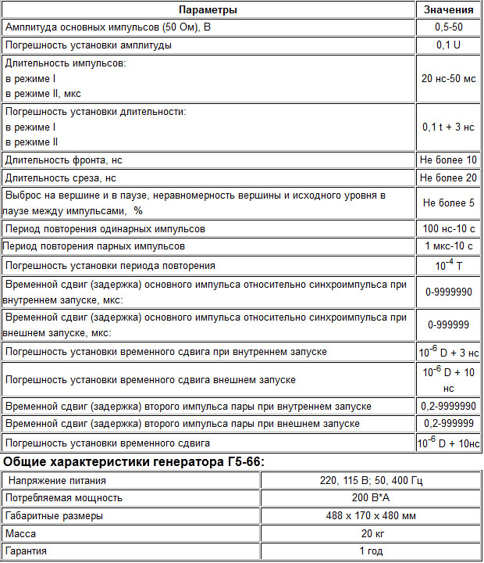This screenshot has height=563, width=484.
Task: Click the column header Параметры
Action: pos(208,10)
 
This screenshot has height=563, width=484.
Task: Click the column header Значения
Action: pos(448,10)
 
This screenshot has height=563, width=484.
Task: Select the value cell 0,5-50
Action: pos(448,27)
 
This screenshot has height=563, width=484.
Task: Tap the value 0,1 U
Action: pos(448,45)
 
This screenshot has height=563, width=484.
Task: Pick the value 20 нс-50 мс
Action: pos(448,78)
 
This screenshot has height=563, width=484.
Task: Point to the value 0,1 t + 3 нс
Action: pos(448,127)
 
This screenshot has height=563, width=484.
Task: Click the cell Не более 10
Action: pos(448,160)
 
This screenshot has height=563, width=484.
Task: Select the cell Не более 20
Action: pos(448,178)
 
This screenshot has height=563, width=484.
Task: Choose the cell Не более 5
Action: pos(448,203)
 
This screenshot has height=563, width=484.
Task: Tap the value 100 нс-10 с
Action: pos(448,229)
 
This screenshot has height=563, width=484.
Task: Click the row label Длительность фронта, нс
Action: pos(64,160)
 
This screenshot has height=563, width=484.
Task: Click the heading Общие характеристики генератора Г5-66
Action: pos(134,461)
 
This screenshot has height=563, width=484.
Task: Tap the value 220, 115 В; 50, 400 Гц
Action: pos(372,480)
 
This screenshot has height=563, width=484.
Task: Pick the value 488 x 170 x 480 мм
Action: pos(372,516)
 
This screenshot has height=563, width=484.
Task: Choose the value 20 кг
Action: pos(372,533)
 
